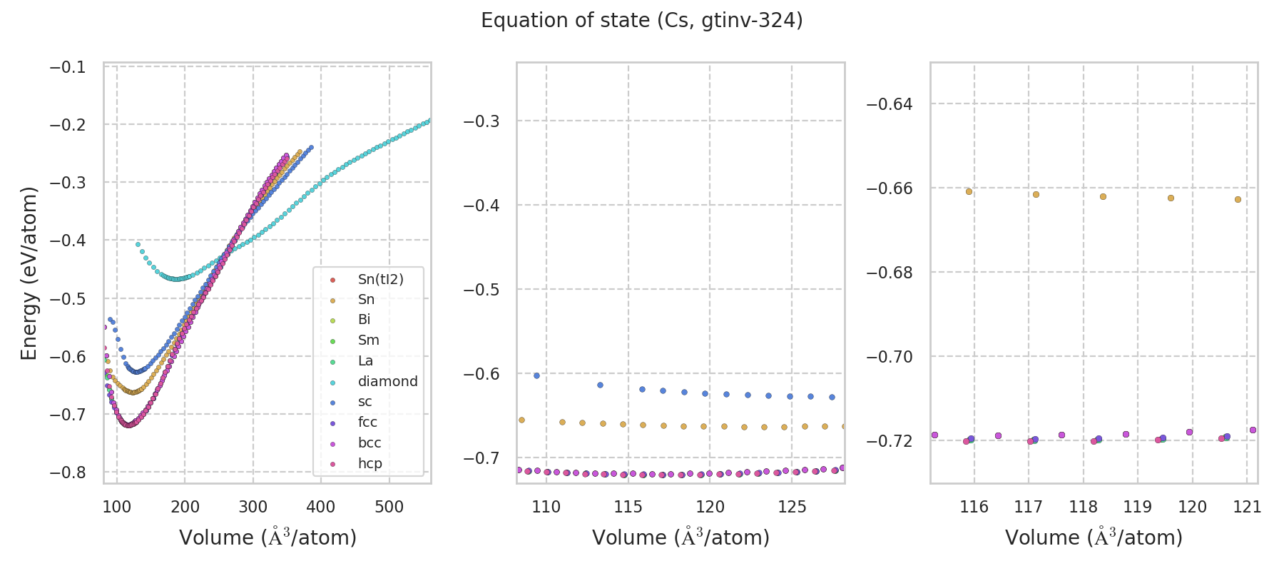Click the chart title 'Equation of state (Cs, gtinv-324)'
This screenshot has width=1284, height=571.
point(642,21)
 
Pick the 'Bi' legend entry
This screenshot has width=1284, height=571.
point(364,320)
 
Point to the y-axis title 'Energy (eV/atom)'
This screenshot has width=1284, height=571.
point(29,273)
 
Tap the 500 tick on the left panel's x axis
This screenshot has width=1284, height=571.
point(389,507)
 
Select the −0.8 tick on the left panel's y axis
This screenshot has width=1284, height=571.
point(68,473)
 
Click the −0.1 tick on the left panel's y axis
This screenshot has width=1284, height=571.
point(68,67)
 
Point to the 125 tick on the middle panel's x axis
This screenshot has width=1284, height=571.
point(792,507)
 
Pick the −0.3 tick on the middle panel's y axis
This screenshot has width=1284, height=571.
point(481,121)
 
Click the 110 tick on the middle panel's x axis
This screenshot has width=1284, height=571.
point(546,507)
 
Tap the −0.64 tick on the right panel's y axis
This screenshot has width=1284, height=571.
point(889,104)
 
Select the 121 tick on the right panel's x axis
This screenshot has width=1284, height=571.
point(1247,507)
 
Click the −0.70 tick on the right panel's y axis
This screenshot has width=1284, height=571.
point(889,357)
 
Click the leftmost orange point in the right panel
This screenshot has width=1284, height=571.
point(969,191)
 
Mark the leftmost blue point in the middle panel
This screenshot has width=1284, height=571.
point(536,375)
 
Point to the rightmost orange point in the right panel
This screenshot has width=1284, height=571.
point(1238,200)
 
